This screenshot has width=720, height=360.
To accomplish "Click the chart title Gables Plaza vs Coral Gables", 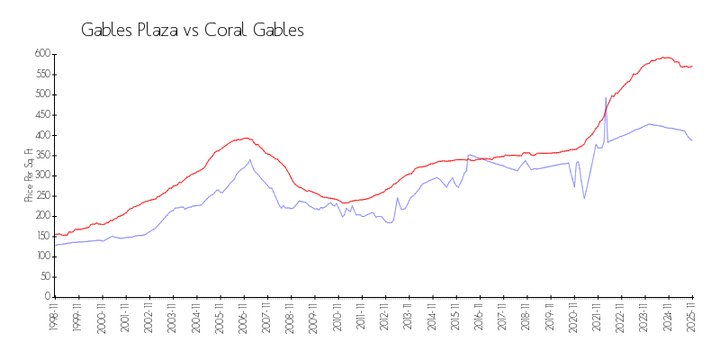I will [193, 30].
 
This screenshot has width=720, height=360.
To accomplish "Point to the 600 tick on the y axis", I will [41, 54].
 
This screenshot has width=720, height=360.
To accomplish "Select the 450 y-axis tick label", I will [41, 115].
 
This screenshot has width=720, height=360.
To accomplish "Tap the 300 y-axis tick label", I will [41, 175].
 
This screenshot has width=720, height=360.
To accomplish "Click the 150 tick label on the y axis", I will [41, 236].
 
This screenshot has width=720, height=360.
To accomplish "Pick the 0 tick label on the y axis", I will [47, 297].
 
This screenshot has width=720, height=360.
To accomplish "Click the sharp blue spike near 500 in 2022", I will [606, 98].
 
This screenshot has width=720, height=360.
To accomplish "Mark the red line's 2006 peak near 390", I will [246, 139].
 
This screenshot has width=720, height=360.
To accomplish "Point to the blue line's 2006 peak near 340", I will [250, 160].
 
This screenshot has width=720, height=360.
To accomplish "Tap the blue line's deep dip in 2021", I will [584, 198].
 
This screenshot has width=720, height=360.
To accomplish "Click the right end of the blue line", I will [691, 140].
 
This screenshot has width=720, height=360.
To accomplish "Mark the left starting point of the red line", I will [55, 235].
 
